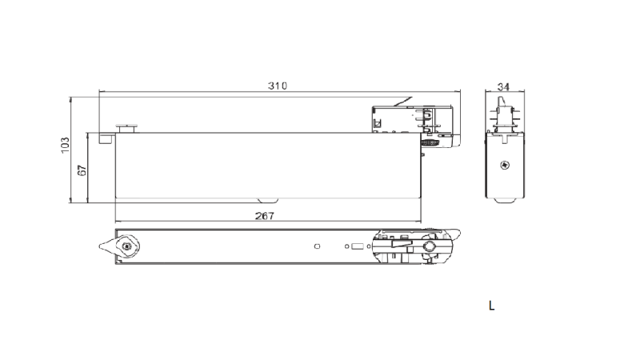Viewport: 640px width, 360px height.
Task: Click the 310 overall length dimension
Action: [x=277, y=86]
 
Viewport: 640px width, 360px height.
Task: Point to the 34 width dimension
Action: [x=504, y=86]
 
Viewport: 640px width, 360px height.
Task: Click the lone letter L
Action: [x=491, y=306]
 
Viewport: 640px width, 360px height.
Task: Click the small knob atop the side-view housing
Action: [x=126, y=126]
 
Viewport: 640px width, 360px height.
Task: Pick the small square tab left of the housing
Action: [x=105, y=138]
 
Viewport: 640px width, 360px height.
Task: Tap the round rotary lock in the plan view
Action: [x=128, y=246]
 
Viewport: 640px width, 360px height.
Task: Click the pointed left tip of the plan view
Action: [x=101, y=246]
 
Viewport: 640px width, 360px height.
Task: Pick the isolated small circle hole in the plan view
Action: [x=318, y=246]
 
